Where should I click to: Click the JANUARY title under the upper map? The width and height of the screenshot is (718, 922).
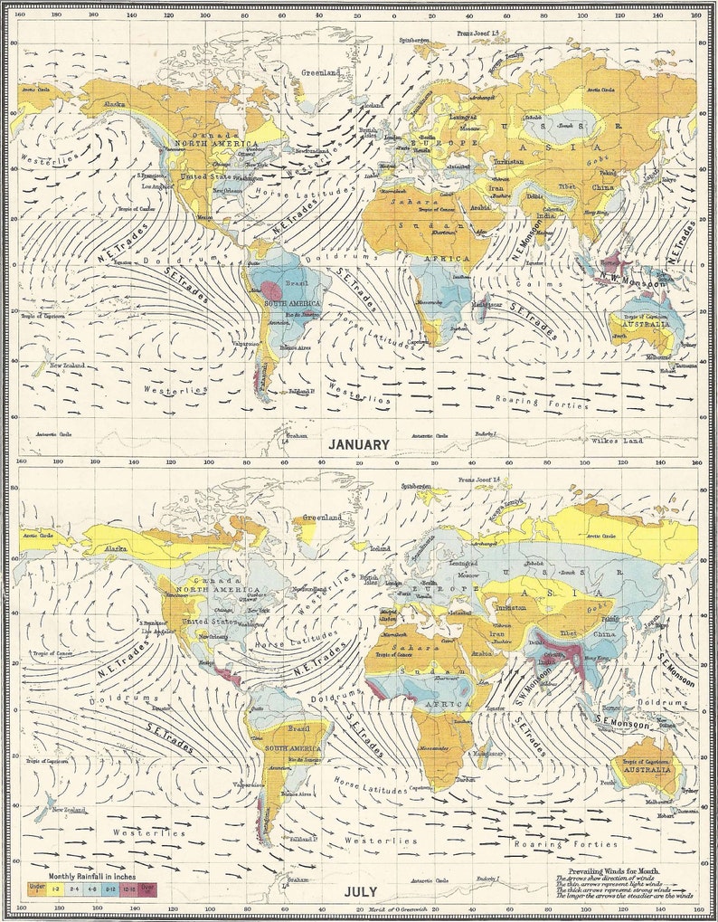click(359, 444)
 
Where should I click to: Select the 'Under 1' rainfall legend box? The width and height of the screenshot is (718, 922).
click(37, 889)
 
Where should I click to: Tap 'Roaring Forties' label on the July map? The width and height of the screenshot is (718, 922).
click(544, 844)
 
